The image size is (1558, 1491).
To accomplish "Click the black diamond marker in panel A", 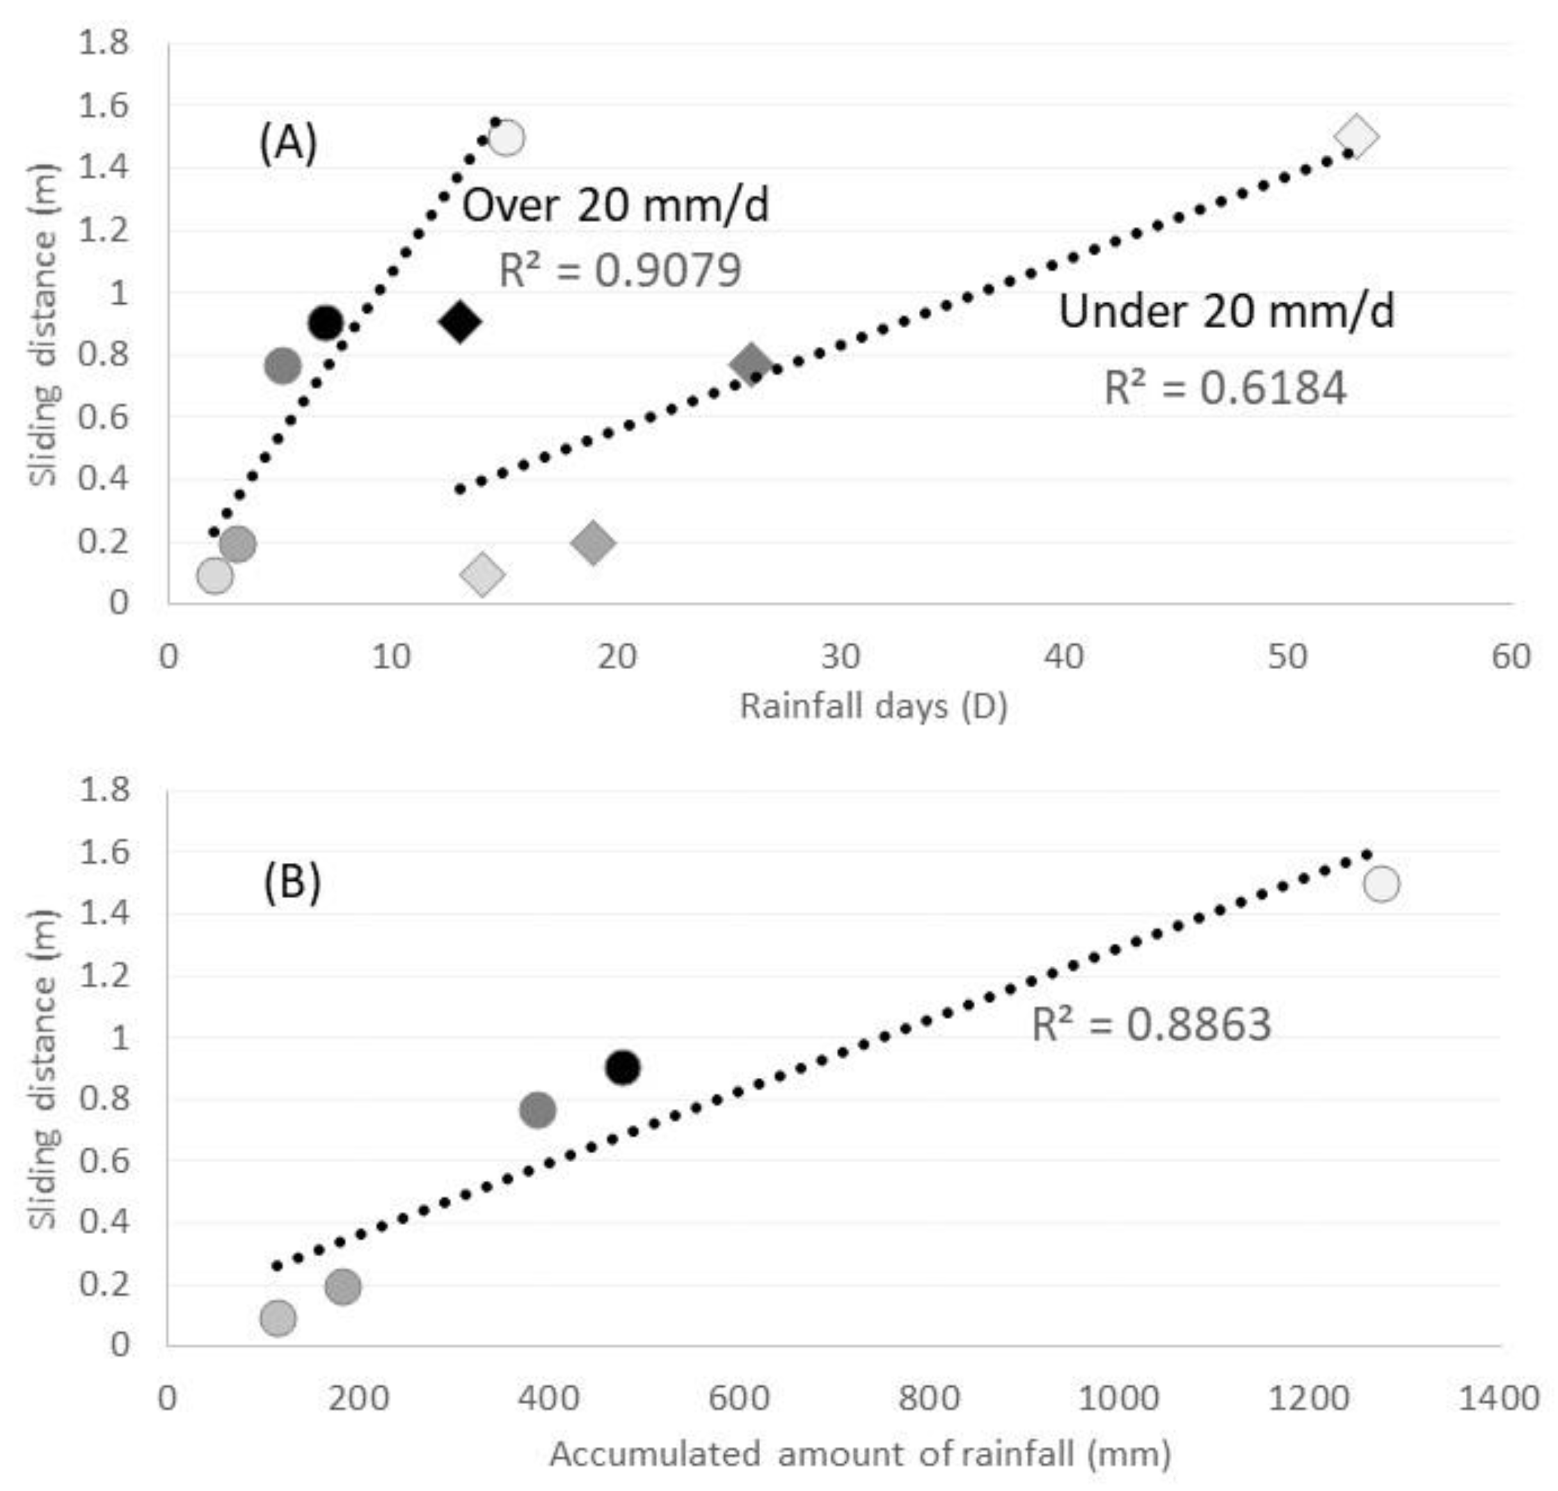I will pos(459,322).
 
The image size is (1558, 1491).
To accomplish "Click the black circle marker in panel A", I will pos(326,322).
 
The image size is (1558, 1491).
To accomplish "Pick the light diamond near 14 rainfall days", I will pos(482,573).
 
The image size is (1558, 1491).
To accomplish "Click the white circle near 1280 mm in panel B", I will pos(1381,883).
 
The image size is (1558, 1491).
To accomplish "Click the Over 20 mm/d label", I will pos(616,206).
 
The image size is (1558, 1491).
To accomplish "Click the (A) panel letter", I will pos(288,144).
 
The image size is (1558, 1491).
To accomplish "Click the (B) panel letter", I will pos(292,883).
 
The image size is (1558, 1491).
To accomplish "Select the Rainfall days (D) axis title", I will pos(873,706).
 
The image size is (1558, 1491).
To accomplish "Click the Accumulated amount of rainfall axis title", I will pos(860,1454).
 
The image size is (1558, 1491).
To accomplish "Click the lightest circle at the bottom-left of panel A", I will pos(214,574).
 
